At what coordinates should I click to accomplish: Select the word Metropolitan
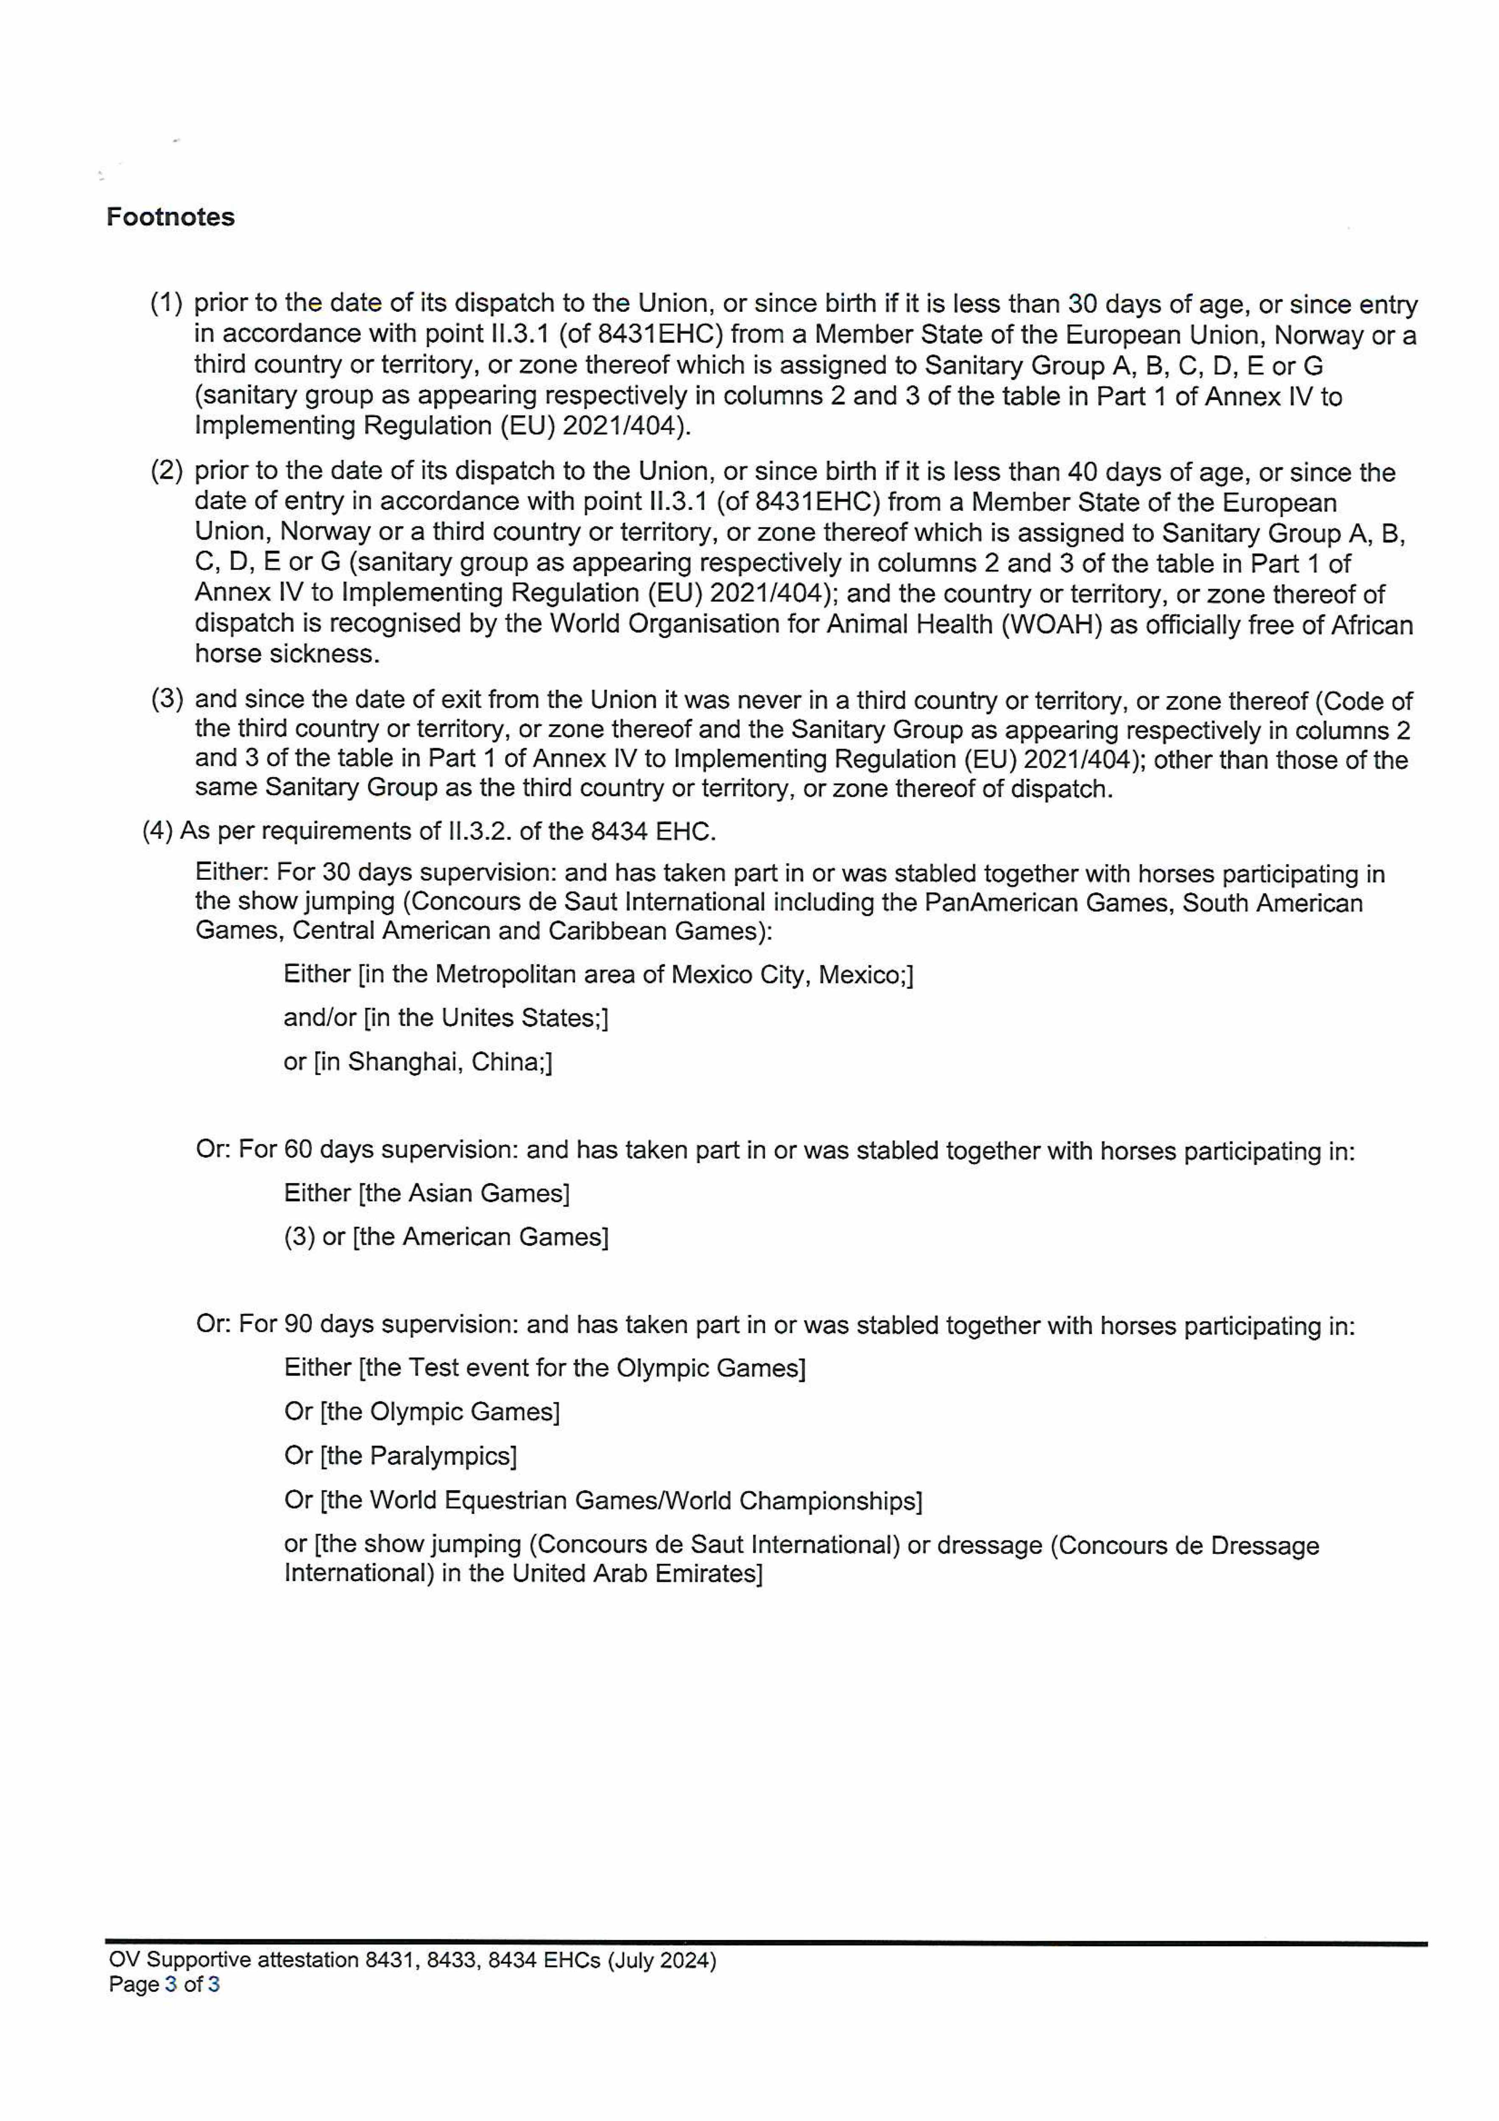[508, 974]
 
